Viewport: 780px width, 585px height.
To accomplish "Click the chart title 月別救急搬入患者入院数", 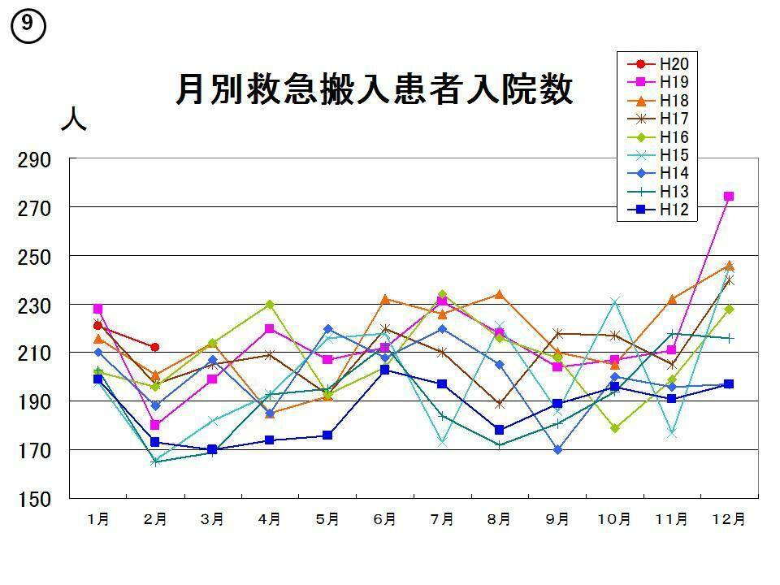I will coord(374,89).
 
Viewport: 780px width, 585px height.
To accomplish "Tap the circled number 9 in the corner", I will coord(28,27).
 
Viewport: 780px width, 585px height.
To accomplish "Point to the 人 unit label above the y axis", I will coord(73,120).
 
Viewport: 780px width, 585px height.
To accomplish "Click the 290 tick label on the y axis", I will coord(35,160).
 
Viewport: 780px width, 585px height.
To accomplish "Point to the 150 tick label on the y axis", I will coord(35,498).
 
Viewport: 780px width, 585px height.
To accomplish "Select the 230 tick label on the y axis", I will coord(35,305).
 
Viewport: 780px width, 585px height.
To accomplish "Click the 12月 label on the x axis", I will coord(728,520).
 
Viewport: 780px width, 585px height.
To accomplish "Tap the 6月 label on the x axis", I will coord(384,520).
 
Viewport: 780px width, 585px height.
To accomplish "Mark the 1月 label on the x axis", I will coord(98,520).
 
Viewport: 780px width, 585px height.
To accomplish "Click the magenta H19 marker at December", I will coord(729,197).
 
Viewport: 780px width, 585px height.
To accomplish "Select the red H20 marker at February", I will coord(155,347).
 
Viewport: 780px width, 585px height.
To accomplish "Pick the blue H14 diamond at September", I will coord(557,449).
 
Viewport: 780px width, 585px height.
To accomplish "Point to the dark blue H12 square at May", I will coord(327,435).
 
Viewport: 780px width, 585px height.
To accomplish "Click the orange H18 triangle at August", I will coord(499,294).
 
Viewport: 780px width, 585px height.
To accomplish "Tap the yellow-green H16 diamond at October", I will coord(614,428).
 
